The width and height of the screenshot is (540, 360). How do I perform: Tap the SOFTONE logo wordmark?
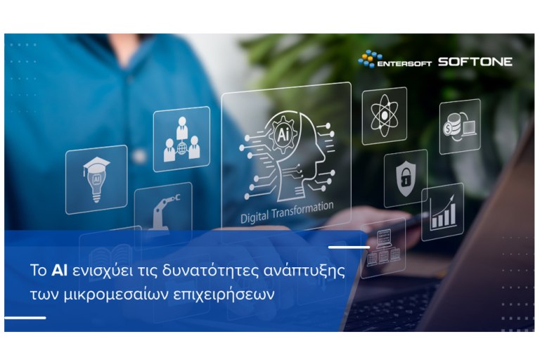coord(475,61)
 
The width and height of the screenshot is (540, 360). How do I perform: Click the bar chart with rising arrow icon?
coord(442,212)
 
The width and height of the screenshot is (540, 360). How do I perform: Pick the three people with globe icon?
coord(181,139)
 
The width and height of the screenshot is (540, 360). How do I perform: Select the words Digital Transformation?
coord(286,209)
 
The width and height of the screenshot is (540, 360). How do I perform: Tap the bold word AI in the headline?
coord(59,271)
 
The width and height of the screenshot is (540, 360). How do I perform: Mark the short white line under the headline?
coord(25,319)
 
